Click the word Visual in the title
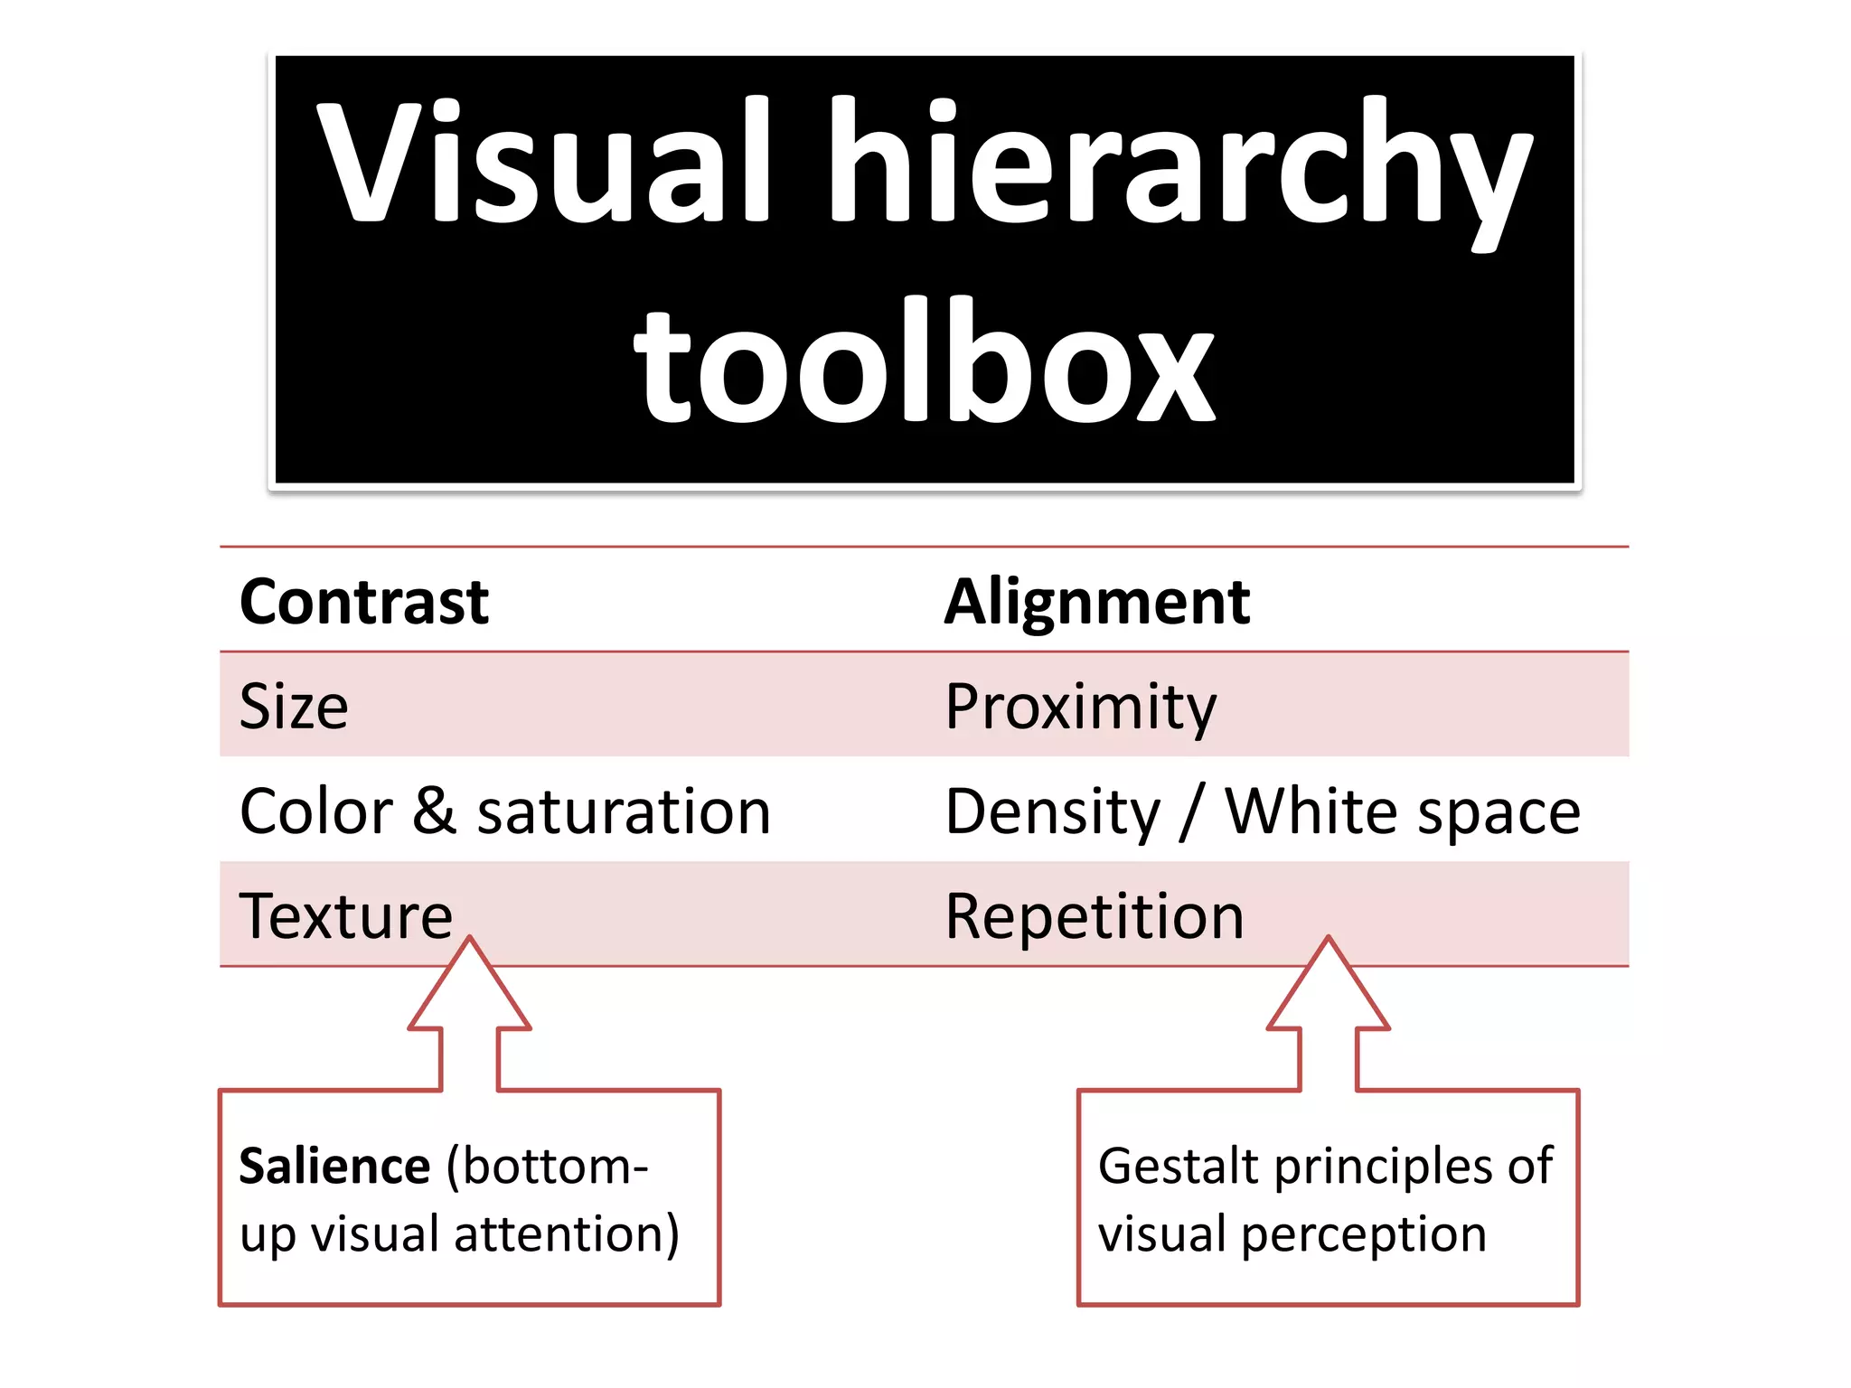(x=542, y=161)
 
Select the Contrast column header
(x=363, y=602)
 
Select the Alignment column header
(x=1096, y=602)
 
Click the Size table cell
(x=294, y=706)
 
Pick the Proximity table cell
(x=1080, y=708)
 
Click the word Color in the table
(x=316, y=811)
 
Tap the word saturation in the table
(x=624, y=811)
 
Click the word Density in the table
(x=1053, y=812)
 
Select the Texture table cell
(x=345, y=916)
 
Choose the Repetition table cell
(x=1094, y=916)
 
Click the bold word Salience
(x=334, y=1166)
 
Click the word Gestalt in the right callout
(x=1178, y=1166)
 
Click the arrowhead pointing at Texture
(x=469, y=989)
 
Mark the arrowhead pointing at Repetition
(x=1328, y=989)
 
